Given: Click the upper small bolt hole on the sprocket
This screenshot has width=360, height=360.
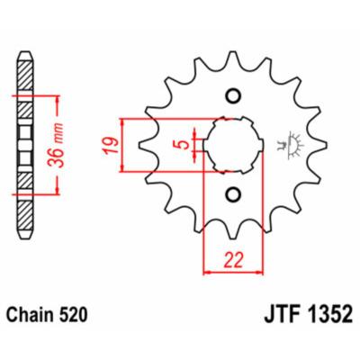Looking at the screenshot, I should (x=234, y=97).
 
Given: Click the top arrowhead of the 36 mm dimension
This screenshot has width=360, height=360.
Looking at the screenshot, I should (x=58, y=96).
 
